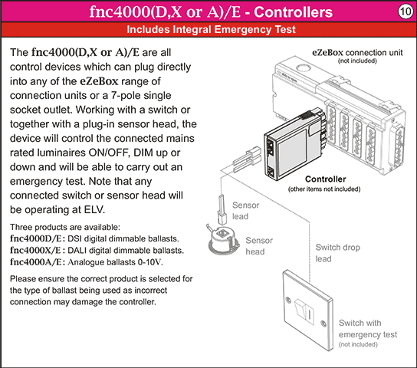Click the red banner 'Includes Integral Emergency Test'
tap(208, 31)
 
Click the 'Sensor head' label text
tap(259, 245)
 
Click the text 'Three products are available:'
tap(64, 228)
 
